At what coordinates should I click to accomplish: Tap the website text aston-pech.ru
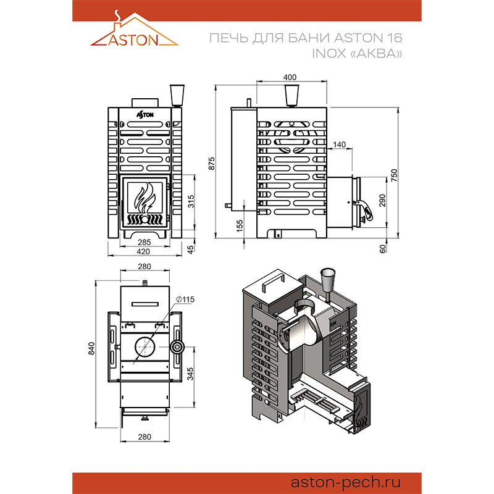[346, 483]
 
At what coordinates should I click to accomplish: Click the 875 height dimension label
[212, 164]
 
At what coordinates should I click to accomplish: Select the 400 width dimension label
[290, 77]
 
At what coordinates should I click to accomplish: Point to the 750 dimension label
[394, 175]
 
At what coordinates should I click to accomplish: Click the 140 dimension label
[339, 144]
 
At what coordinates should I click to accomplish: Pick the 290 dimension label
[382, 200]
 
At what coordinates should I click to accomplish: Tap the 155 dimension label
[240, 226]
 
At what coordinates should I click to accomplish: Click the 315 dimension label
[191, 202]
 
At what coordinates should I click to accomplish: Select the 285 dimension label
[144, 242]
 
